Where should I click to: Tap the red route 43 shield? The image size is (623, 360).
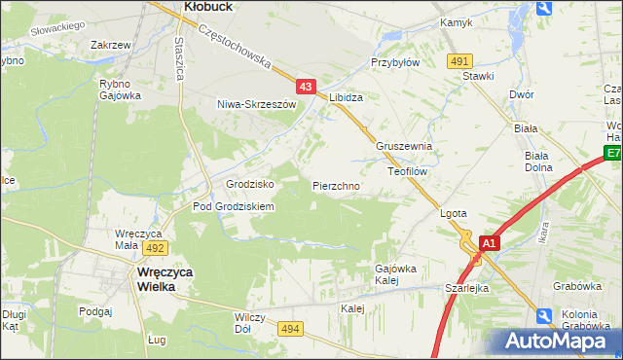307,88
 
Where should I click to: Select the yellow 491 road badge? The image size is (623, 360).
460,60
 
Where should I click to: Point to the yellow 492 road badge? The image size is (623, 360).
157,248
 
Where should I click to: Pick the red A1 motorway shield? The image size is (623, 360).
490,243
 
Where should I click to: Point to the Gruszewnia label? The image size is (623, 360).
404,147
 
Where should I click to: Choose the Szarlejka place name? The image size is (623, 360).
466,289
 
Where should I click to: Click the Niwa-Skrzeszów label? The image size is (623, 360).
256,104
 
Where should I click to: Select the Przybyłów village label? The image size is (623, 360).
394,60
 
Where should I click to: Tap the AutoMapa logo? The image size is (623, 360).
558,341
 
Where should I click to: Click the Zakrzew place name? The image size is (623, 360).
110,45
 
